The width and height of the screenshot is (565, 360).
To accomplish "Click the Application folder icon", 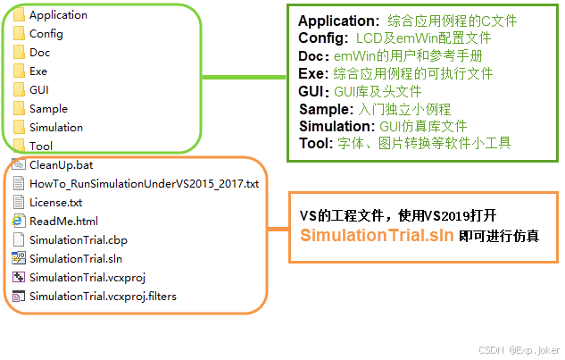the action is point(19,15).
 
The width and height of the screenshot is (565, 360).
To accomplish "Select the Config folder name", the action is point(46,34).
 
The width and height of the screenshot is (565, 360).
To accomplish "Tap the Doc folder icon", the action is point(19,53).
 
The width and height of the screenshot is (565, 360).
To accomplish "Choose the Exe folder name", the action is point(38,71).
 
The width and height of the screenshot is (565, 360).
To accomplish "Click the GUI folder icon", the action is point(19,90).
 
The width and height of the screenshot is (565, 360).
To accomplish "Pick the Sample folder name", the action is point(48,109).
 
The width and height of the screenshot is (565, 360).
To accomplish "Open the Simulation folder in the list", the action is point(55,128).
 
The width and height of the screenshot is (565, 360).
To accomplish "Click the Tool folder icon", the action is point(19,146).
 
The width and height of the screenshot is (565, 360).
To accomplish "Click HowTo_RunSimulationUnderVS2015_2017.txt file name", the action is point(144,184).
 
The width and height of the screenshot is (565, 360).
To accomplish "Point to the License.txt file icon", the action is point(19,203).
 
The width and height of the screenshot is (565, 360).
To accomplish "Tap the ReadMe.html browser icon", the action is point(19,222).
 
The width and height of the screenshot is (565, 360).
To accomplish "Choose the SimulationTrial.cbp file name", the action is point(79,240).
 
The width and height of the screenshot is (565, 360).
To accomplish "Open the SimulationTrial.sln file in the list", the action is point(75,259).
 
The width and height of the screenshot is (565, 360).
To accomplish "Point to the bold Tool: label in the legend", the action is point(314,143).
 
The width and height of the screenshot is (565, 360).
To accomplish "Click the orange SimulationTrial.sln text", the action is point(376,236).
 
